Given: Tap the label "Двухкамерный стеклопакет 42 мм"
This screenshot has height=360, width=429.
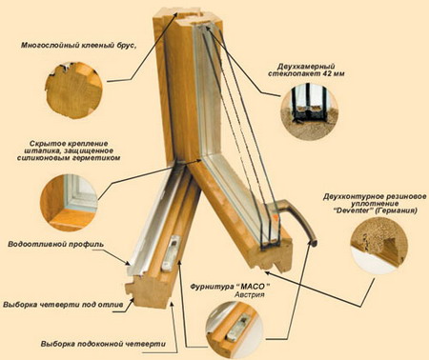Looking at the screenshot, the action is click(x=306, y=70).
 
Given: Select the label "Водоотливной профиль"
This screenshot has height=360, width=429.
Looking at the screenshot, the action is click(x=55, y=245).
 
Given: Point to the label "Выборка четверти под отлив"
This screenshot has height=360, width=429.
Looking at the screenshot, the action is click(x=63, y=305).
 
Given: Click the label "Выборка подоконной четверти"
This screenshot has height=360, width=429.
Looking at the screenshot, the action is click(x=103, y=344).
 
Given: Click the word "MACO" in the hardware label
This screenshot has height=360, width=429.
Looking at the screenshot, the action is click(x=253, y=287).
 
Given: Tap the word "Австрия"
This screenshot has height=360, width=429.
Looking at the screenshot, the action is click(x=250, y=294).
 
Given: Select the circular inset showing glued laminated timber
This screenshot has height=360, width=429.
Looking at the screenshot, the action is click(x=73, y=90).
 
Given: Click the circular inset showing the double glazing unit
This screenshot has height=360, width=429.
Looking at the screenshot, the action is click(x=309, y=111).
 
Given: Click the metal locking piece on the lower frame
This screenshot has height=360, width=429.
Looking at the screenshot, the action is click(x=172, y=253).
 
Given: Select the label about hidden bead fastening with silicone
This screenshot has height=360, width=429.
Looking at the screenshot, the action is click(x=69, y=150).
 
